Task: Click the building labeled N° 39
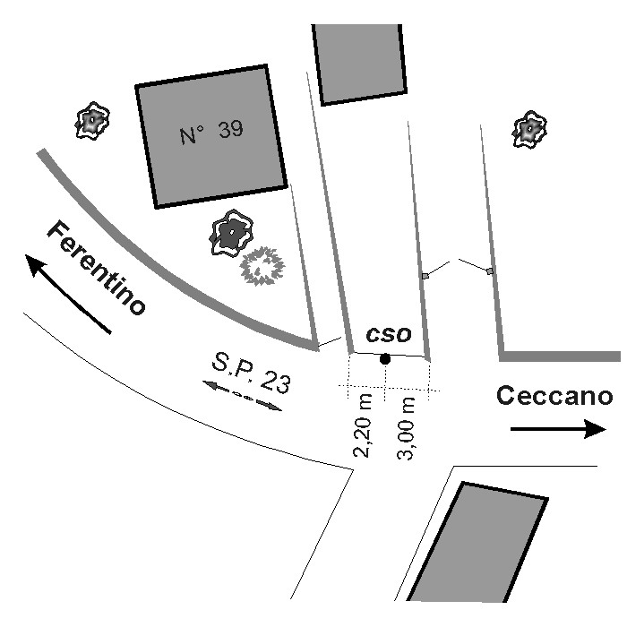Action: point(211,136)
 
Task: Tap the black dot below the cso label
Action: point(385,359)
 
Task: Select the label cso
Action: point(389,334)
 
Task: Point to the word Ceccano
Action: point(555,396)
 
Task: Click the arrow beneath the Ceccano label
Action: point(558,430)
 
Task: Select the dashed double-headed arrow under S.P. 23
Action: point(242,396)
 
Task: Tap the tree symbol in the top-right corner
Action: point(529,130)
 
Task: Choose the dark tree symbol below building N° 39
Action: point(232,235)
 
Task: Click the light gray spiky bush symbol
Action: point(262,265)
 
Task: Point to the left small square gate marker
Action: point(425,276)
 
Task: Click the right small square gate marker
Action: point(489,271)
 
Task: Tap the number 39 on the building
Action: point(229,130)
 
